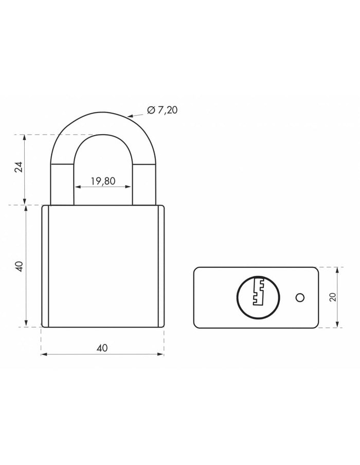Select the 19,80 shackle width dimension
click(102, 181)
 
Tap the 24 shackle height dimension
click(19, 168)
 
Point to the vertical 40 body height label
click(19, 266)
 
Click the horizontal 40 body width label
click(102, 348)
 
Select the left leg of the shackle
click(62, 182)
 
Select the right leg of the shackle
click(145, 182)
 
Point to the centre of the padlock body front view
click(102, 266)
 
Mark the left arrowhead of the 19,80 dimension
click(77, 187)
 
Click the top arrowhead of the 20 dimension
click(337, 269)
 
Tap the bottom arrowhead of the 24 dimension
click(25, 201)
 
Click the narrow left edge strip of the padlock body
click(45, 266)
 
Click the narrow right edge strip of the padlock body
click(160, 266)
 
